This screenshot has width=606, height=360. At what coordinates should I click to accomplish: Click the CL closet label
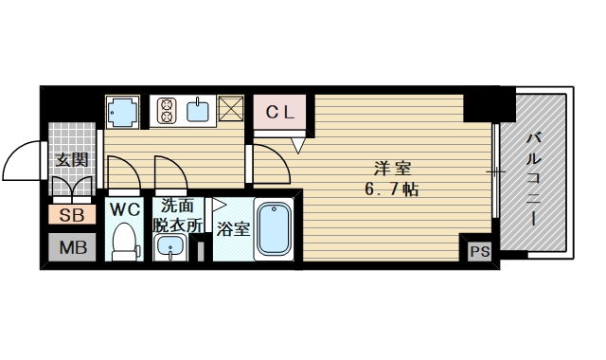(281, 112)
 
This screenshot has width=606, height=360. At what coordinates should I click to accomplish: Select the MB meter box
(71, 248)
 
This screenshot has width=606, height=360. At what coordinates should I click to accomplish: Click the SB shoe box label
(71, 215)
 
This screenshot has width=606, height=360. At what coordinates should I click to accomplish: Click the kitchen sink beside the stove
(199, 112)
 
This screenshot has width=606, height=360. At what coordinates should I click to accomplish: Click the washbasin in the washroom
(170, 248)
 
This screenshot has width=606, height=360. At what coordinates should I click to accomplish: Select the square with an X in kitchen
(232, 112)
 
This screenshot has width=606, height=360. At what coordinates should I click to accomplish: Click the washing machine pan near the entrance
(123, 112)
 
